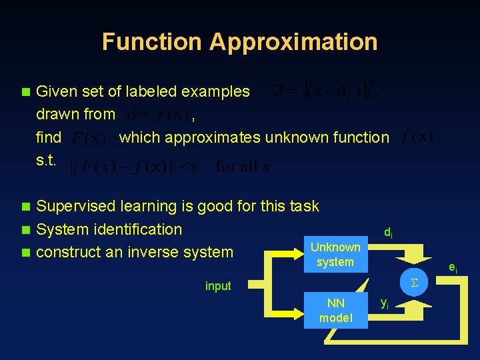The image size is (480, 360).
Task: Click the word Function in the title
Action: [152, 42]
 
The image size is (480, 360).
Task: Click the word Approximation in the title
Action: [293, 42]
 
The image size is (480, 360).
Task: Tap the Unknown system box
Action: [335, 254]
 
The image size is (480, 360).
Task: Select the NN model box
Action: [335, 310]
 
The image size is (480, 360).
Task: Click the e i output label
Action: [453, 268]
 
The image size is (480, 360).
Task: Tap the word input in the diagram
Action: [218, 286]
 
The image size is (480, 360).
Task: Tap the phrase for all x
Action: [243, 166]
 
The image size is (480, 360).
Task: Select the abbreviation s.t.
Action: [48, 161]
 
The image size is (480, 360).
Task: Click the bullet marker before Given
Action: [26, 91]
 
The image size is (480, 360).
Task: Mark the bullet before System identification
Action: [26, 230]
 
